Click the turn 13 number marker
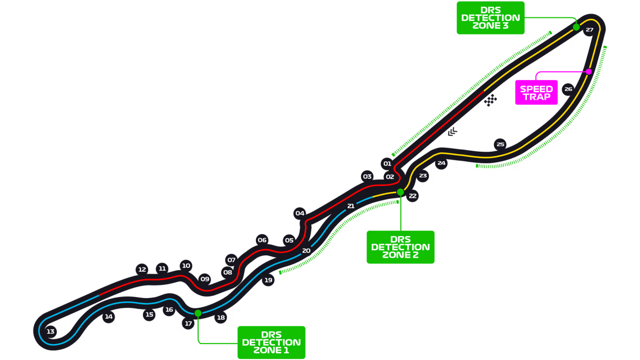50,331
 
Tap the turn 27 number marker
589,30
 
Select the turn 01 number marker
387,164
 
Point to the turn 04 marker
300,213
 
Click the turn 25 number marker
500,144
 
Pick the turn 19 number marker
268,280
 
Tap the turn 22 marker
412,196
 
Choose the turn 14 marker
109,317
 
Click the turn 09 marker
205,279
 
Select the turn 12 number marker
142,269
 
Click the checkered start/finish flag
491,99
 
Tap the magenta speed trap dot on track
589,72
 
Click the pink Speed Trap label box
536,93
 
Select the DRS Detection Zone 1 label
272,342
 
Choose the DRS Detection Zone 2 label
400,247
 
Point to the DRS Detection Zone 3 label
491,18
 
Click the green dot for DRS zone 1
198,313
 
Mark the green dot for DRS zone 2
400,192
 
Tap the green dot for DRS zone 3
576,27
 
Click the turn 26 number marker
568,89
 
